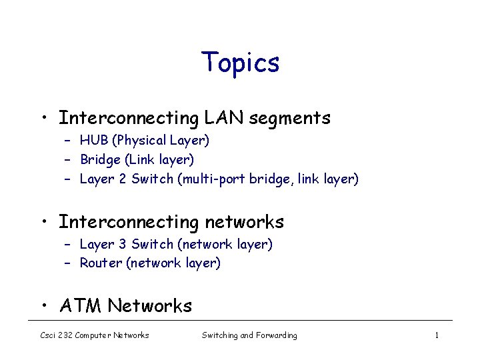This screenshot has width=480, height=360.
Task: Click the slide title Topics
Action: pyautogui.click(x=240, y=63)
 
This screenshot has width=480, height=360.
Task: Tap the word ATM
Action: pyautogui.click(x=81, y=306)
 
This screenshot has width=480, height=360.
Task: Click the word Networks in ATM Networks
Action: pyautogui.click(x=150, y=306)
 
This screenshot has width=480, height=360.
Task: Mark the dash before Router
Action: pyautogui.click(x=68, y=263)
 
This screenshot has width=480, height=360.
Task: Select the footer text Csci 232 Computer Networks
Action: pyautogui.click(x=94, y=335)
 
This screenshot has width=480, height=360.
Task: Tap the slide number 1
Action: pyautogui.click(x=437, y=335)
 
